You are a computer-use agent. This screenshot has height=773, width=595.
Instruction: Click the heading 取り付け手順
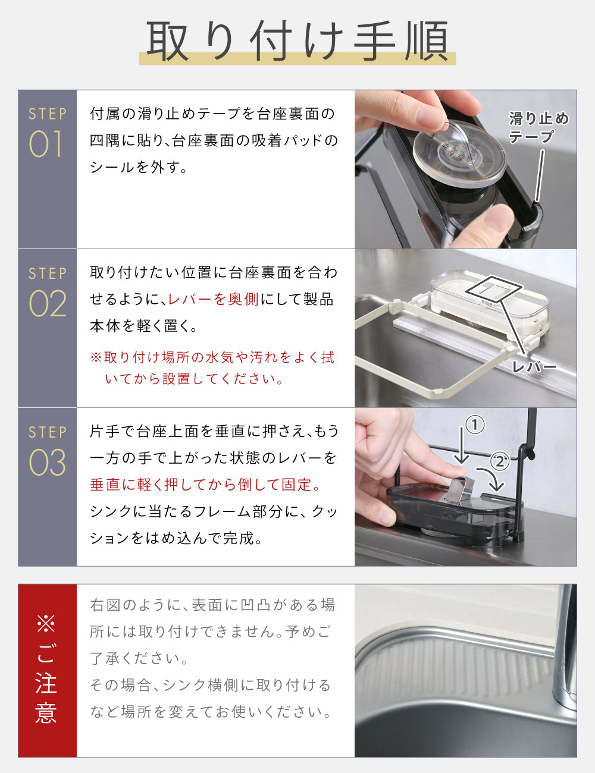click(x=297, y=41)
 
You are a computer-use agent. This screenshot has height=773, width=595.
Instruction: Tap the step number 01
click(x=46, y=144)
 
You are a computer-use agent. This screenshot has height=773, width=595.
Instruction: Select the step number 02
click(x=48, y=303)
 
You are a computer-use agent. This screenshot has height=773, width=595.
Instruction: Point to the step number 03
click(x=48, y=463)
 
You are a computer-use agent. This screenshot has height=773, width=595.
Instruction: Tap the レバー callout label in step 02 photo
click(x=534, y=367)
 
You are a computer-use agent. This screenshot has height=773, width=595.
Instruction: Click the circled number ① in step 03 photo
click(x=475, y=425)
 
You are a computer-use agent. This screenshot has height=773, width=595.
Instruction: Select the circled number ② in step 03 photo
click(x=500, y=461)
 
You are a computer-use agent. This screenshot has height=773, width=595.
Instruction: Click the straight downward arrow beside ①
click(x=462, y=445)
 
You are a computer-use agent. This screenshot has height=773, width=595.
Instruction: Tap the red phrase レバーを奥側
click(x=213, y=299)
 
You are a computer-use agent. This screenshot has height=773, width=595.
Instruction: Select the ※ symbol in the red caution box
click(x=46, y=624)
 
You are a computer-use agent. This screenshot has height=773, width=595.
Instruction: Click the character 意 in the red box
click(x=46, y=712)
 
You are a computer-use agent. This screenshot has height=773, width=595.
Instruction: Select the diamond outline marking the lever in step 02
click(x=494, y=289)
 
